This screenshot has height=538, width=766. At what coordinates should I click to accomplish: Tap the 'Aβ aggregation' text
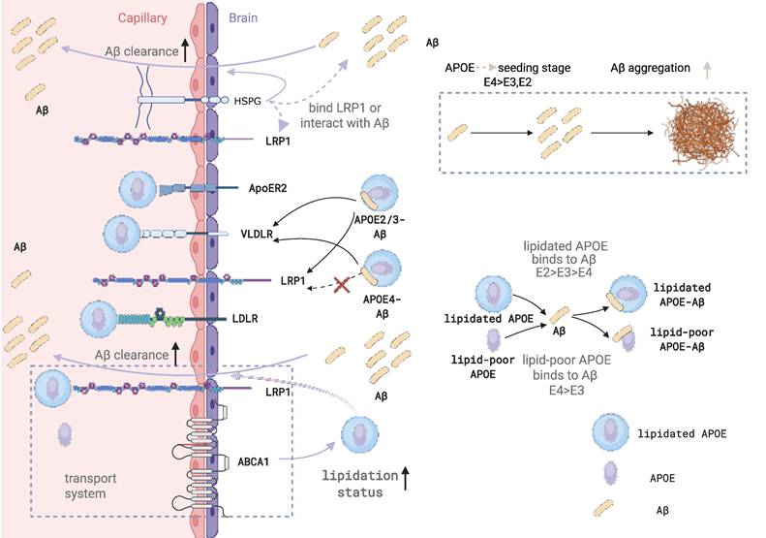(x=651, y=68)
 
